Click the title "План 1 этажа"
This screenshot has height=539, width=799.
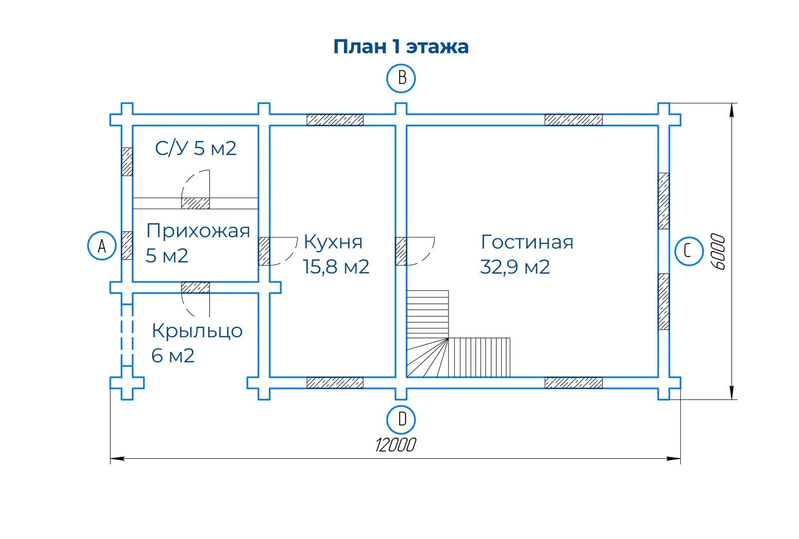pos(401,46)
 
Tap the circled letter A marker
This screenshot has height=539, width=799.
pos(102,246)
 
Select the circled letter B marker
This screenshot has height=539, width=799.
pos(401,78)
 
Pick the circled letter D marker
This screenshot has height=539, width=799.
pos(401,419)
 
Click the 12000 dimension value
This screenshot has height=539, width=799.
pos(395,445)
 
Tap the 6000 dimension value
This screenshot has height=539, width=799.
pos(718,252)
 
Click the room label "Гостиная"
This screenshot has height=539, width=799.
pos(527,242)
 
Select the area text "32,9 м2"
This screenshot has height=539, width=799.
pos(515,267)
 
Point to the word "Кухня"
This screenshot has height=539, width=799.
pos(333,242)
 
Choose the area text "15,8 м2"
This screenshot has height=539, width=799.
pos(336,267)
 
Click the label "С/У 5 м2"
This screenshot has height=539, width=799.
pos(196,148)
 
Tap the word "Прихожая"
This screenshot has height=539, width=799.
pos(198,231)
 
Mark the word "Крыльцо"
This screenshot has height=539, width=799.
pos(197,331)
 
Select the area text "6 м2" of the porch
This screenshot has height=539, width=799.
pos(173,356)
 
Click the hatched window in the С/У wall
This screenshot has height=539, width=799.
pos(127,161)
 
